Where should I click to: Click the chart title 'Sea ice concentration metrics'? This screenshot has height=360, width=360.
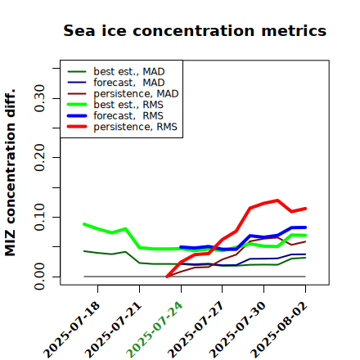tap(195, 30)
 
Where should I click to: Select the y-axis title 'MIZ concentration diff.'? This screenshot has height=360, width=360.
tap(10, 173)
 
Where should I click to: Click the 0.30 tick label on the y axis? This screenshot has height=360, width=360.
tap(39, 98)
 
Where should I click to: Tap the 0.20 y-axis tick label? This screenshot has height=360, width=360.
tap(39, 158)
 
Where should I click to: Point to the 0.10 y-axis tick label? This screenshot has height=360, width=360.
tap(39, 217)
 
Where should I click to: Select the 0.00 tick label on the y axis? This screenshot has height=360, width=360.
tap(39, 277)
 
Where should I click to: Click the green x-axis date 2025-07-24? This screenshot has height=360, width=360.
tap(154, 330)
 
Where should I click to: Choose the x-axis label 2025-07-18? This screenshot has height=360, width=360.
tap(71, 330)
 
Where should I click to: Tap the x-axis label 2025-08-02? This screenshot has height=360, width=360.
tap(279, 330)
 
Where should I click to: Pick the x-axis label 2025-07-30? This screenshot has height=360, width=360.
tap(237, 330)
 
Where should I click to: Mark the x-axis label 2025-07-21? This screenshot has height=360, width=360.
tap(113, 330)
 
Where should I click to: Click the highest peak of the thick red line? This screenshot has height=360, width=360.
tap(277, 200)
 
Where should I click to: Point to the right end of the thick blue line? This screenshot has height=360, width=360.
tap(305, 227)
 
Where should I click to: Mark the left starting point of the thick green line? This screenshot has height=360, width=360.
tap(84, 224)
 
